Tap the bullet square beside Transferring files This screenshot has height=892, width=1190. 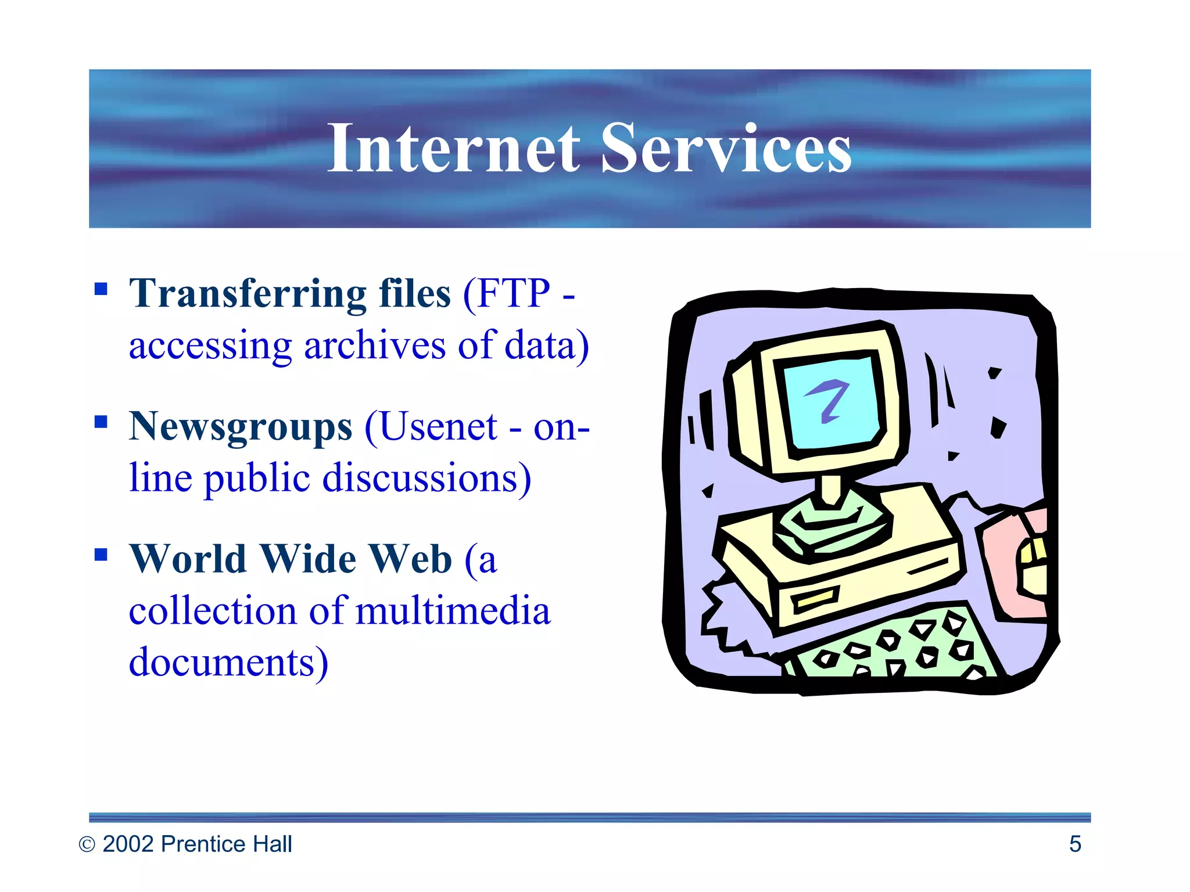pyautogui.click(x=101, y=289)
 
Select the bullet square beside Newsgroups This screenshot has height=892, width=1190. pyautogui.click(x=101, y=422)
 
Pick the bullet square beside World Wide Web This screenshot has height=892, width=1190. pyautogui.click(x=101, y=555)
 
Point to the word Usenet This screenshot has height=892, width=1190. pyautogui.click(x=439, y=427)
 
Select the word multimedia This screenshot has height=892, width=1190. pyautogui.click(x=453, y=611)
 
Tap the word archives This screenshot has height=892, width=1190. pyautogui.click(x=375, y=346)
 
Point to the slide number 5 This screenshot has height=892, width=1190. pyautogui.click(x=1075, y=844)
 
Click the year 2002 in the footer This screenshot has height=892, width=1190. pyautogui.click(x=128, y=844)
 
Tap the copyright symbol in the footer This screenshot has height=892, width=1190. pyautogui.click(x=87, y=844)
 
